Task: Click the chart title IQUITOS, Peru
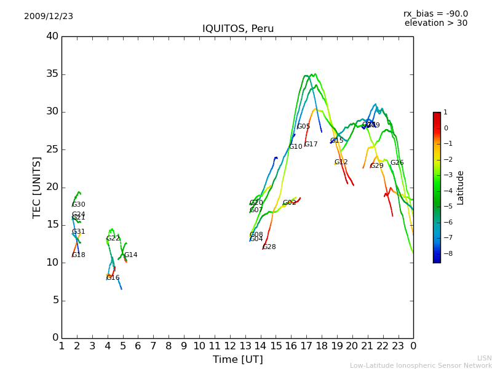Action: coord(238,29)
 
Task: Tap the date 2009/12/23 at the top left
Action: coord(49,16)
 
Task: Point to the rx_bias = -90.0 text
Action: coord(435,14)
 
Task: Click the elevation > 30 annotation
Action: coord(435,23)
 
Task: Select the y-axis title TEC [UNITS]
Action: coord(37,187)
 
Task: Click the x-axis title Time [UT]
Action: coord(237,359)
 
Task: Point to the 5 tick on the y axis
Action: coord(55,301)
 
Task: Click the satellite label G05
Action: coord(303,127)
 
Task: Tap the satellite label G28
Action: coord(269,247)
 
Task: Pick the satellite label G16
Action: coord(113,277)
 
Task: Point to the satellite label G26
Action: coord(397,163)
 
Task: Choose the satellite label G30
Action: coord(78,205)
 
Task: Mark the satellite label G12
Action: coord(341,162)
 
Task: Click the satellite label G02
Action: coord(289,203)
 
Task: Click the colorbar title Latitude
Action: coord(460,188)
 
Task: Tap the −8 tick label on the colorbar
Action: coord(445,253)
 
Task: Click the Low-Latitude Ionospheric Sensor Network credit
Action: coord(421,365)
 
